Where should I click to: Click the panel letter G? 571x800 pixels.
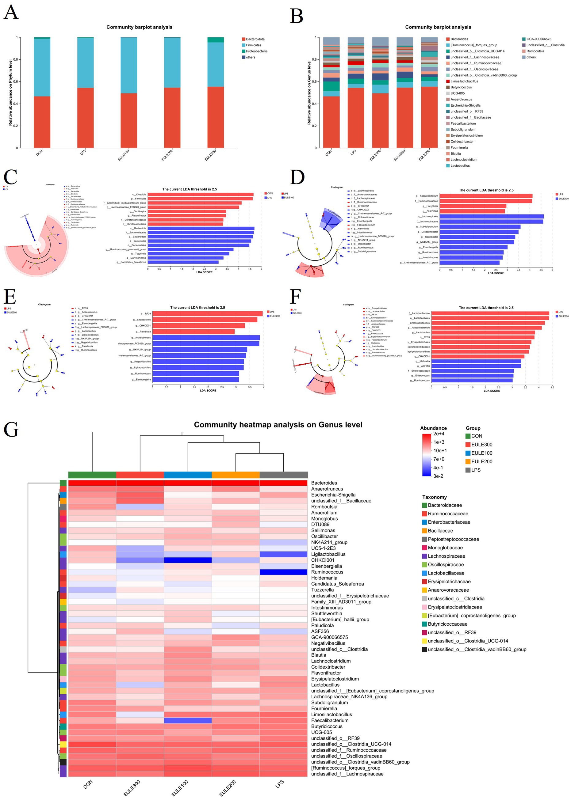11,429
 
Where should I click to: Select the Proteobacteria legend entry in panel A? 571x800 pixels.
256,51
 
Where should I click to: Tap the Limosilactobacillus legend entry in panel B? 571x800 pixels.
464,81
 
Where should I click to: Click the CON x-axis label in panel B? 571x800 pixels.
329,153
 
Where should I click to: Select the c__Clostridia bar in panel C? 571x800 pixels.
201,194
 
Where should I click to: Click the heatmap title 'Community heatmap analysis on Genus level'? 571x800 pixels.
278,424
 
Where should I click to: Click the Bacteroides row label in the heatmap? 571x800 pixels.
324,483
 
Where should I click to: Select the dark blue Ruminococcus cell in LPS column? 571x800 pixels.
283,572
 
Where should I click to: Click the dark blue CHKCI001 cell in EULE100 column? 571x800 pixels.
188,560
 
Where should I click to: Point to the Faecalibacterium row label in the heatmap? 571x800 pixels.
329,720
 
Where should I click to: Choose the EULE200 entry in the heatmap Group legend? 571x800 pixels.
481,461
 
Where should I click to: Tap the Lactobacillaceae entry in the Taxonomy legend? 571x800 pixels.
446,573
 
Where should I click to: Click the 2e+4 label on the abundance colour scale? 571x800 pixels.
439,434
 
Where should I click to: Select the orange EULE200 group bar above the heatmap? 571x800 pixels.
236,475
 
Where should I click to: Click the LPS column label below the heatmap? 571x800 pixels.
280,784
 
